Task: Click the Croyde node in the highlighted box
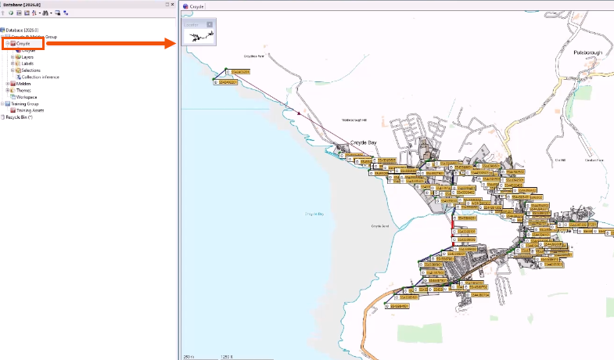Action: (23, 43)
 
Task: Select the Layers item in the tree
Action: (27, 57)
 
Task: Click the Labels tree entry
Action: (27, 63)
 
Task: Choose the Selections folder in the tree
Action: (31, 70)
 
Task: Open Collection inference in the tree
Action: (40, 77)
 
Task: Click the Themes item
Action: (23, 90)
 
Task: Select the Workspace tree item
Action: (27, 97)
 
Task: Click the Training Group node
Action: (24, 103)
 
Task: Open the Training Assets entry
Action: (30, 110)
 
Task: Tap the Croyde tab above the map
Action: (196, 6)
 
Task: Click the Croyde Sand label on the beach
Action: (380, 226)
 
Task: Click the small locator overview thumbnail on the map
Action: (198, 35)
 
